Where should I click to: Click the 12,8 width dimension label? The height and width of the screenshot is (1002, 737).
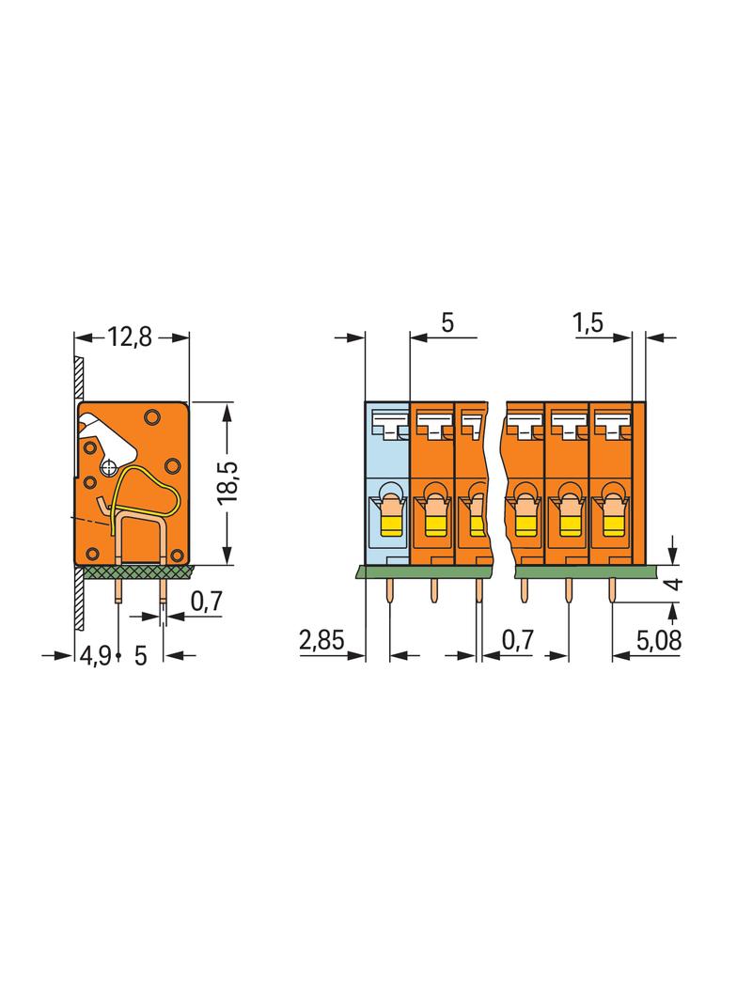(x=129, y=337)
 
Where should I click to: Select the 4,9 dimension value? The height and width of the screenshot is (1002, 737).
(x=95, y=655)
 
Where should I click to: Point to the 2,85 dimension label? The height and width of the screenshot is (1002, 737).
(x=321, y=639)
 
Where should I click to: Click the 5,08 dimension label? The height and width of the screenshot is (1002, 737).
(x=659, y=640)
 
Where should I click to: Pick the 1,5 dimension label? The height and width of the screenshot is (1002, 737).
(x=588, y=322)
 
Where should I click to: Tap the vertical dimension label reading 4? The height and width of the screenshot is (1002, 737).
(x=674, y=584)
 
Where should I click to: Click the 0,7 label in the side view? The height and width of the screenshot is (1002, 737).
(x=207, y=601)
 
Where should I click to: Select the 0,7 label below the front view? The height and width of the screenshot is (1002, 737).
(x=517, y=640)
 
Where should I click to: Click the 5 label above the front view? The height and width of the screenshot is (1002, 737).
(x=447, y=322)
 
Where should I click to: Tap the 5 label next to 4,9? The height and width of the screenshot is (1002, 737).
(x=141, y=655)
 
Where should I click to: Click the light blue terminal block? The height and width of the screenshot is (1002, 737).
(x=387, y=483)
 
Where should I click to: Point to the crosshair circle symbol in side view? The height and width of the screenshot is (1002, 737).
(x=110, y=466)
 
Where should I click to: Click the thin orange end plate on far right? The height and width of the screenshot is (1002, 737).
(x=639, y=483)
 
